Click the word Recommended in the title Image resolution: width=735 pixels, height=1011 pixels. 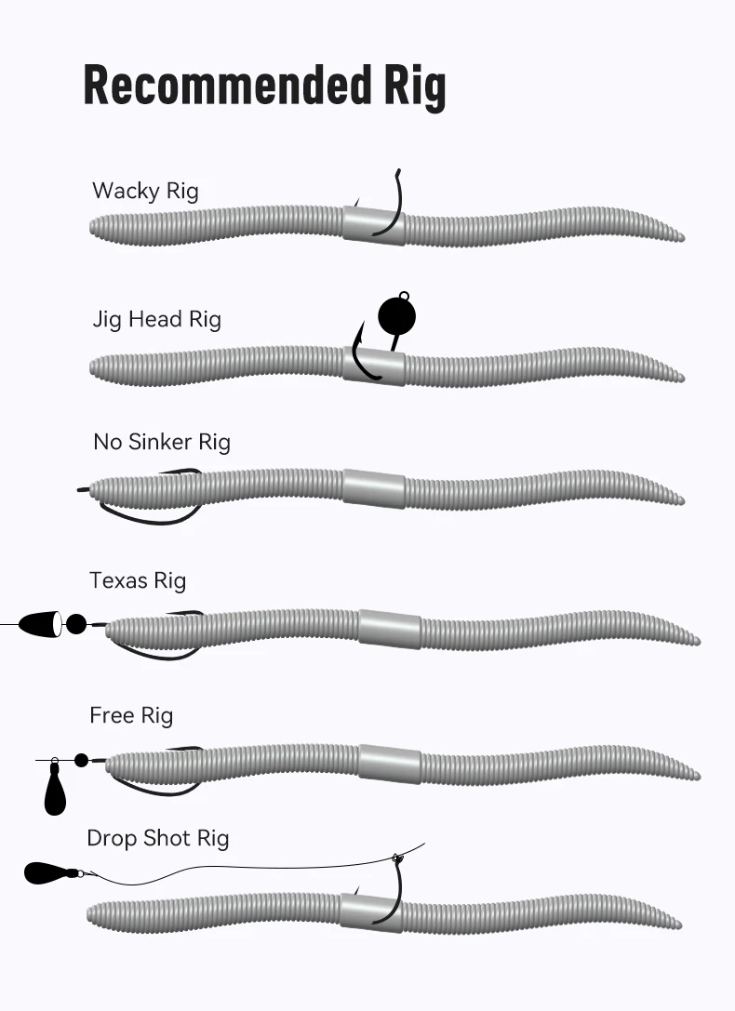coord(228,85)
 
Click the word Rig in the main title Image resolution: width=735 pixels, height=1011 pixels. coord(414,86)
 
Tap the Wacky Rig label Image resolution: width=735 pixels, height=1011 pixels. coord(145,192)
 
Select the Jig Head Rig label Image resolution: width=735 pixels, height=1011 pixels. coord(156,320)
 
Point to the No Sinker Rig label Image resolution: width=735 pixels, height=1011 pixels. coord(161,442)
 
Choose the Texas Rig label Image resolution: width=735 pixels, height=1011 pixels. coord(138,581)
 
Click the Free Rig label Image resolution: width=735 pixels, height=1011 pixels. coord(131,716)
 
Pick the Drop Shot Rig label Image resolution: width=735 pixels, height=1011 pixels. coord(157,839)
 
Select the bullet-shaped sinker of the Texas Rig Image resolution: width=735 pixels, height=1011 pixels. coord(38,624)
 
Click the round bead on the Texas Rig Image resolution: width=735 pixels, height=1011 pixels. coord(76,624)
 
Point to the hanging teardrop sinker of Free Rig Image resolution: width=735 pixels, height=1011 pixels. coord(55,793)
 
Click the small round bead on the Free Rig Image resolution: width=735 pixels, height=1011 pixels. coord(82,760)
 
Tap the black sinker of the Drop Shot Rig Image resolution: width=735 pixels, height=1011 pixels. coord(47,872)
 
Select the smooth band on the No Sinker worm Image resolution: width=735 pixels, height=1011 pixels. coord(373,489)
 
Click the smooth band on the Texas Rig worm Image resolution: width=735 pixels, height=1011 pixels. coord(389,628)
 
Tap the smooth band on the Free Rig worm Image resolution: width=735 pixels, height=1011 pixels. coord(390,762)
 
